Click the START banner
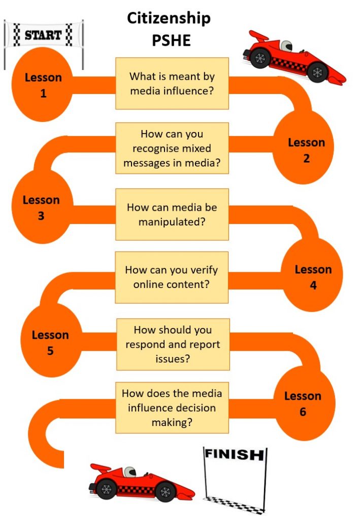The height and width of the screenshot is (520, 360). click(43, 35)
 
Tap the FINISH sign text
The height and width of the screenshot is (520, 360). click(235, 454)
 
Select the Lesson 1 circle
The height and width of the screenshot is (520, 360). click(43, 85)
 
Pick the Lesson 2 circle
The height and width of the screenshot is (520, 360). click(304, 147)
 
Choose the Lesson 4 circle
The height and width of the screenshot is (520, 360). click(313, 275)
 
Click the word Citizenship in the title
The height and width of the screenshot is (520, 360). click(169, 19)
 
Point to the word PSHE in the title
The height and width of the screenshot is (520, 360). click(171, 40)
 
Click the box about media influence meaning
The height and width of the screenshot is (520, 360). click(172, 84)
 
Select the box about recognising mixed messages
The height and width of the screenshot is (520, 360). click(172, 148)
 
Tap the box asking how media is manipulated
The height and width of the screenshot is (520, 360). click(172, 215)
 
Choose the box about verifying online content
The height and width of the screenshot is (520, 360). click(172, 278)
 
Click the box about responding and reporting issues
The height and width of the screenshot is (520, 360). click(173, 345)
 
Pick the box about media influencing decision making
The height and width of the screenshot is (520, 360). click(172, 408)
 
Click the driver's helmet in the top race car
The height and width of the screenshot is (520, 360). click(286, 45)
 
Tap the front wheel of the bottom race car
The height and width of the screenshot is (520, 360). click(165, 492)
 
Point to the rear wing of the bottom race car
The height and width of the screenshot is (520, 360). click(101, 469)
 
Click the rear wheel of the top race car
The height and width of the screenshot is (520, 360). click(260, 58)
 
